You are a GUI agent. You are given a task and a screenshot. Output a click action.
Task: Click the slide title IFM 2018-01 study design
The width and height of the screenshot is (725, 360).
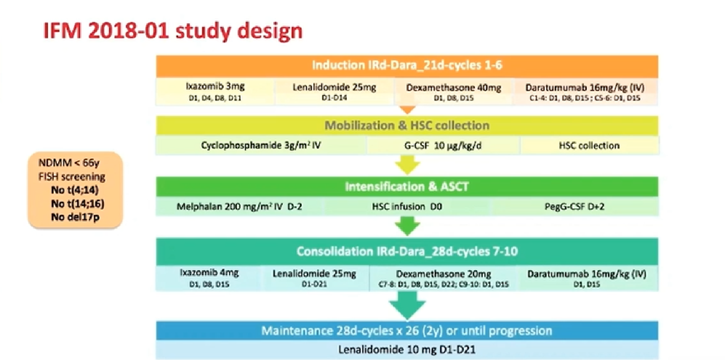(173, 31)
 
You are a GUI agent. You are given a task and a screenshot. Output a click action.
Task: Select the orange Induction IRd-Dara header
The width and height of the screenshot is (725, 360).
(407, 65)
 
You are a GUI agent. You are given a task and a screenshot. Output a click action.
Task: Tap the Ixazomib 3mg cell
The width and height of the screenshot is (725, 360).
(215, 91)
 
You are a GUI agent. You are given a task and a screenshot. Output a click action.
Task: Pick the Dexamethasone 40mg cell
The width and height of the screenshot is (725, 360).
(453, 92)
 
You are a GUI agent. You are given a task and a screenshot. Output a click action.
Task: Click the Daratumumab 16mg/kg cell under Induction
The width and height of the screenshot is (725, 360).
(585, 92)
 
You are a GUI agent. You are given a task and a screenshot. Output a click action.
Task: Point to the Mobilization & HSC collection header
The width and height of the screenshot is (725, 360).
(407, 126)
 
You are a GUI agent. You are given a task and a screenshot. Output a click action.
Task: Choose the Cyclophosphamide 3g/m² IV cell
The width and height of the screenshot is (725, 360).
(261, 145)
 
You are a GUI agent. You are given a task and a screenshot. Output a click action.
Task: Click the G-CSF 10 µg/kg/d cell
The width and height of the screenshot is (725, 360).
(443, 145)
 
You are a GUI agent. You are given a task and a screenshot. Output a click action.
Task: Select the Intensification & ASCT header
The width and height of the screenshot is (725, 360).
(407, 187)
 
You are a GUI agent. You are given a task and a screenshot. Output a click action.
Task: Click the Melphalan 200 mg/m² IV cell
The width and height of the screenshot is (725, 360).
(239, 207)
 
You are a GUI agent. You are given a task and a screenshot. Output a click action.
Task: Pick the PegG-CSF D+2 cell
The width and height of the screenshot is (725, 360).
(574, 207)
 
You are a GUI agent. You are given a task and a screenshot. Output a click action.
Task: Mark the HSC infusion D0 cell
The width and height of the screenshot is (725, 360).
(407, 207)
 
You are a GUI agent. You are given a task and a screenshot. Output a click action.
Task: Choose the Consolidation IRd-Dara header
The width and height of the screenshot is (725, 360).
(407, 251)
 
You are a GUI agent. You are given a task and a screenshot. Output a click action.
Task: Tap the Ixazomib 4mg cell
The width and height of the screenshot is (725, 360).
(209, 278)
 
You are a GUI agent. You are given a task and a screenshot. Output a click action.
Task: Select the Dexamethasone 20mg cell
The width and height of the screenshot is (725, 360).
(443, 278)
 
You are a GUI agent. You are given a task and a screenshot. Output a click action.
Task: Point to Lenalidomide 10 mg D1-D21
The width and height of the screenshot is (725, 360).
(407, 350)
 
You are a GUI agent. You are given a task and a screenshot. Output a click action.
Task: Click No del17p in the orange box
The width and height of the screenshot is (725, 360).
(75, 217)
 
